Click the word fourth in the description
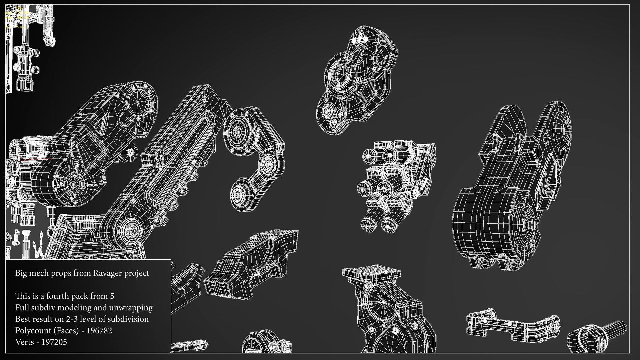click(x=59, y=296)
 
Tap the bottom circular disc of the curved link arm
click(x=239, y=194)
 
